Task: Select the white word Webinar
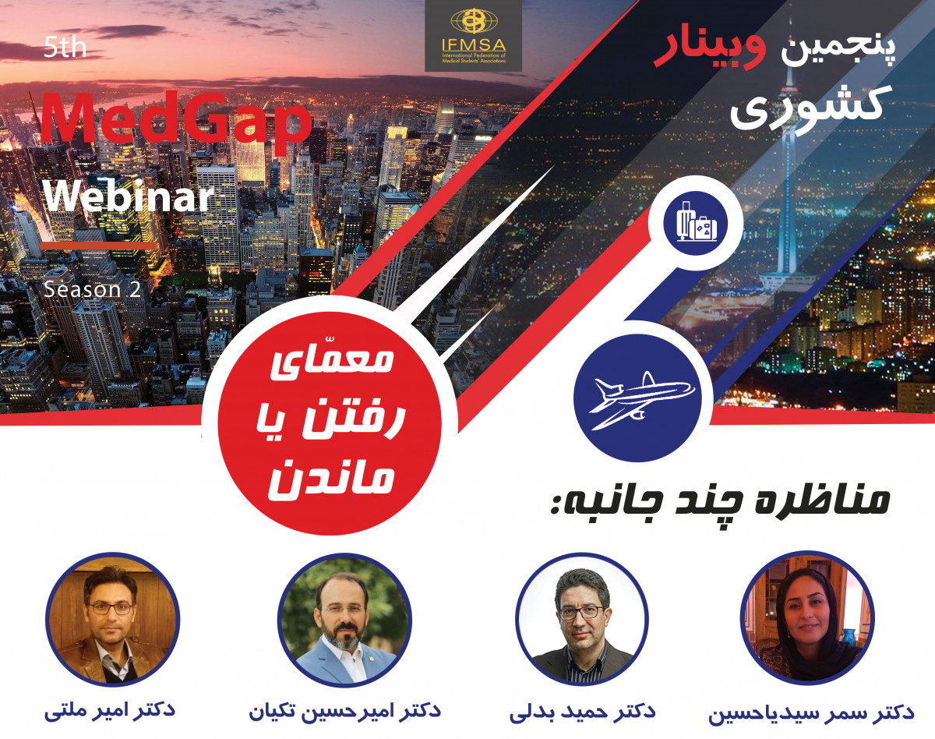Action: click(x=127, y=198)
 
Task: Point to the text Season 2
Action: click(x=92, y=289)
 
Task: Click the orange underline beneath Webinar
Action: click(x=98, y=246)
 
